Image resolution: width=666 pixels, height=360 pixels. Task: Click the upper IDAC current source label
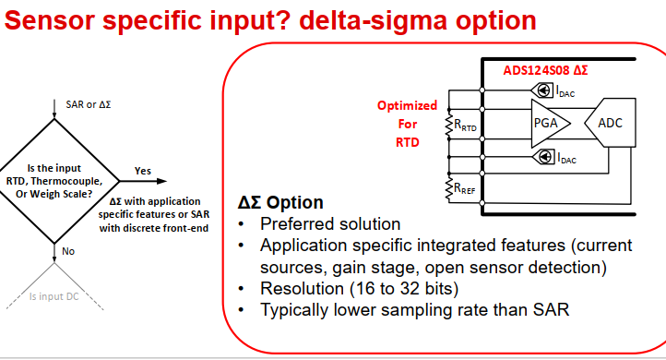(565, 90)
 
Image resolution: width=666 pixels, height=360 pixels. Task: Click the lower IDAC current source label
(565, 158)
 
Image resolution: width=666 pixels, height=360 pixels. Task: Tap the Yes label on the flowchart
(143, 171)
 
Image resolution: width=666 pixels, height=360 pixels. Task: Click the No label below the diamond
(68, 250)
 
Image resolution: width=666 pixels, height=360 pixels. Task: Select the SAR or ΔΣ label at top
(89, 104)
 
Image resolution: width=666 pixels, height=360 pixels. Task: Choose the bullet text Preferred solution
(330, 224)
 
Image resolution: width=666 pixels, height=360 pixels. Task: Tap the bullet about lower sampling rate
(415, 310)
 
